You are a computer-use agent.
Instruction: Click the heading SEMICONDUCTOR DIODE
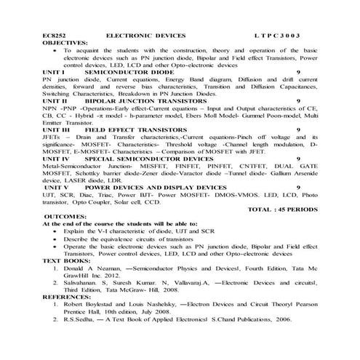(129, 73)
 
